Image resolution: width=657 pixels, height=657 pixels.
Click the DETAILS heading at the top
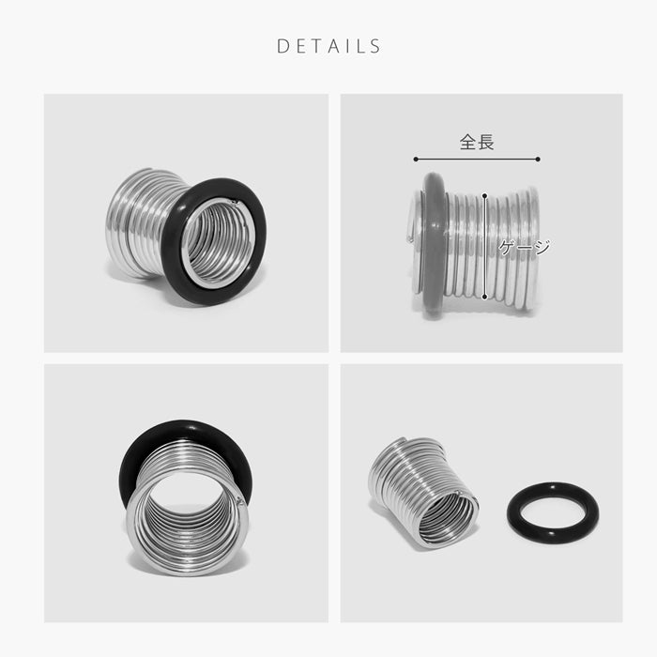pyautogui.click(x=328, y=46)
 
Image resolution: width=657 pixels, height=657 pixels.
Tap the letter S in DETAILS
pyautogui.click(x=375, y=46)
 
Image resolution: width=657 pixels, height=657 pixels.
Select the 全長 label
pyautogui.click(x=477, y=142)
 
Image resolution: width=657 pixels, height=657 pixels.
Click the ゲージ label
pyautogui.click(x=524, y=247)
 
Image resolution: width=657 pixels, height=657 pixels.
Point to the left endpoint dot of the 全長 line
pyautogui.click(x=416, y=160)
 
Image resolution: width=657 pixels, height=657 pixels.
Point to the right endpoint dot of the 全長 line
pyautogui.click(x=538, y=160)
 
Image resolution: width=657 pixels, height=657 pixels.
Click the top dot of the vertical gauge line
pyautogui.click(x=485, y=195)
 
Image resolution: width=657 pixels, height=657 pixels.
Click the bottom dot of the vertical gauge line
pyautogui.click(x=485, y=297)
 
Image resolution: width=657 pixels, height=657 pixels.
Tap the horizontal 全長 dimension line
pyautogui.click(x=477, y=160)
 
